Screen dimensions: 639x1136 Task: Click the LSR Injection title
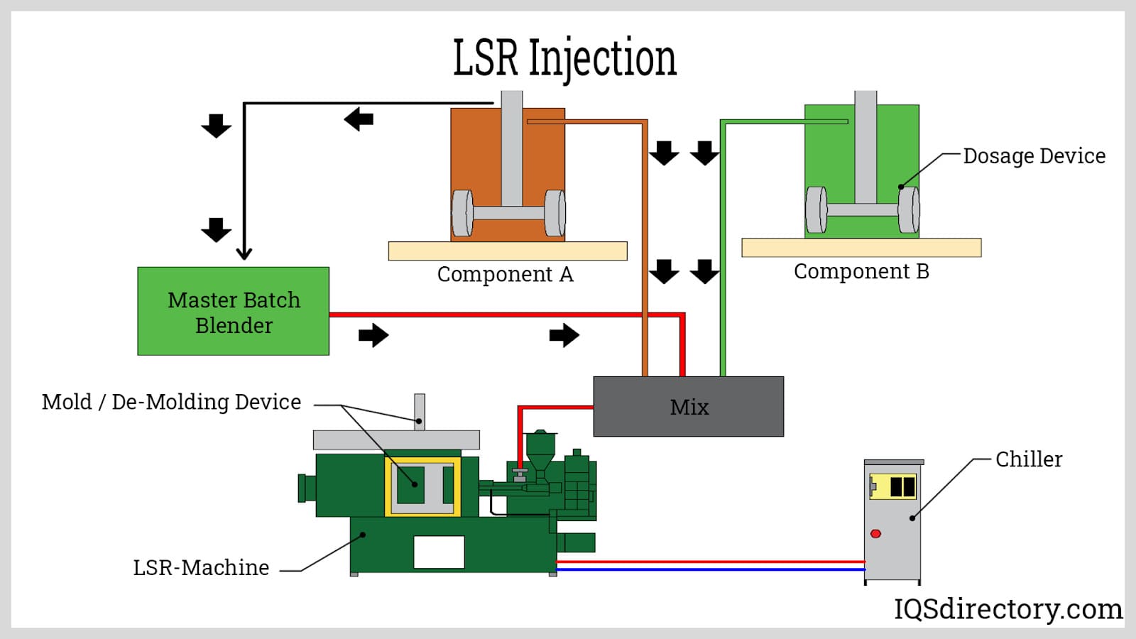pyautogui.click(x=564, y=58)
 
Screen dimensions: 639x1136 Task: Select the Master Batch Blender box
pyautogui.click(x=233, y=311)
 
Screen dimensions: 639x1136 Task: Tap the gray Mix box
pyautogui.click(x=688, y=406)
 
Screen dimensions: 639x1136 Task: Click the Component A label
pyautogui.click(x=505, y=274)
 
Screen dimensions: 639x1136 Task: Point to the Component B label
pyautogui.click(x=861, y=271)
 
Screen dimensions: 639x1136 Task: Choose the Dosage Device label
pyautogui.click(x=1034, y=156)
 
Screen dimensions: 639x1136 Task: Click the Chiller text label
pyautogui.click(x=1029, y=459)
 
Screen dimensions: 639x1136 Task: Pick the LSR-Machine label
pyautogui.click(x=201, y=568)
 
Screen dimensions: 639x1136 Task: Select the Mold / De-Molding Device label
pyautogui.click(x=171, y=402)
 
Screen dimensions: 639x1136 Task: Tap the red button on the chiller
pyautogui.click(x=875, y=534)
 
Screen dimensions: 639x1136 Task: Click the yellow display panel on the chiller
pyautogui.click(x=893, y=486)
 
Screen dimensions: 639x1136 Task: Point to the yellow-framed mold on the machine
pyautogui.click(x=422, y=486)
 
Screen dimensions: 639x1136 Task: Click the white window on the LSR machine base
pyautogui.click(x=439, y=552)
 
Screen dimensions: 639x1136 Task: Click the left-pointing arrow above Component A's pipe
pyautogui.click(x=359, y=119)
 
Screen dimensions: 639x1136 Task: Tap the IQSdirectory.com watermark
pyautogui.click(x=1008, y=609)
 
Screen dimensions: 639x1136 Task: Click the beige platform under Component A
pyautogui.click(x=508, y=251)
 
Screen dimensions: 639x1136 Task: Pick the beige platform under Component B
pyautogui.click(x=861, y=247)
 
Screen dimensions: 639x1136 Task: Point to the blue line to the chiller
pyautogui.click(x=710, y=569)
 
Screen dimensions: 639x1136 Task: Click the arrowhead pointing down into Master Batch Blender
pyautogui.click(x=244, y=253)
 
